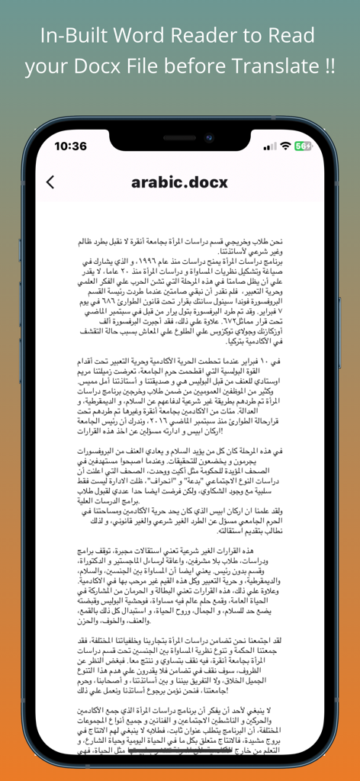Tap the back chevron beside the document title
[x=50, y=182]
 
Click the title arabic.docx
[x=179, y=182]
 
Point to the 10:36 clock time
[x=70, y=146]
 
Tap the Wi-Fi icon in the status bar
[x=285, y=146]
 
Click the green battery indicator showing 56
[x=303, y=146]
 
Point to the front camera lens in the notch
[x=207, y=138]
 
